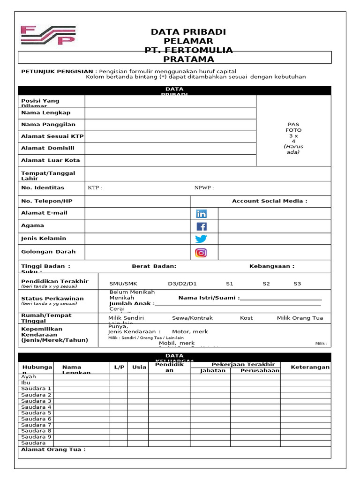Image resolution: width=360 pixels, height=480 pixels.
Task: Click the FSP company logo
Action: [x=48, y=36]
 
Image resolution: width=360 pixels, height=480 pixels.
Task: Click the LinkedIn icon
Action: [x=201, y=214]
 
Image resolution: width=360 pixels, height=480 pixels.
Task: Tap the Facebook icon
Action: [x=201, y=226]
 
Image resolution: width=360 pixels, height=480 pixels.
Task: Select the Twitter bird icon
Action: [x=201, y=239]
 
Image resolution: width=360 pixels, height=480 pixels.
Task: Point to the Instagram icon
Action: [x=201, y=253]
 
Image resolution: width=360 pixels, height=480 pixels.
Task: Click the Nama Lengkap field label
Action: [x=46, y=112]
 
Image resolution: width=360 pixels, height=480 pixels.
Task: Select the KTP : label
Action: [x=95, y=188]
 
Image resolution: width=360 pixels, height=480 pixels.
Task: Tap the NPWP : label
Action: [x=204, y=188]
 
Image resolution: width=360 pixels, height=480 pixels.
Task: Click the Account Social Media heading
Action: [x=270, y=201]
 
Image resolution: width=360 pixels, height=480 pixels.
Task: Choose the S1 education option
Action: [x=230, y=284]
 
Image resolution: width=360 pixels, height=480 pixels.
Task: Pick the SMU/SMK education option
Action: [x=123, y=284]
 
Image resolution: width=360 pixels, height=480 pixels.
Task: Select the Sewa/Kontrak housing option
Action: [x=192, y=318]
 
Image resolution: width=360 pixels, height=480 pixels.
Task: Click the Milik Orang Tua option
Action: [x=300, y=318]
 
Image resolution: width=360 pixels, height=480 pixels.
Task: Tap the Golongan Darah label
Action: [x=48, y=252]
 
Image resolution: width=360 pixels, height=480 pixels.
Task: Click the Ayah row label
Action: [x=29, y=376]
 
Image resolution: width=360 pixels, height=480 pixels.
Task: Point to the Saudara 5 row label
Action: [x=37, y=413]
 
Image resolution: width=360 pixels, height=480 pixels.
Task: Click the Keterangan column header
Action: [x=310, y=367]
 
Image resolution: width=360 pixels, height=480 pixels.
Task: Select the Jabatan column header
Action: [x=213, y=370]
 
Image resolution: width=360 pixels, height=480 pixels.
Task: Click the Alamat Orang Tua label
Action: [x=53, y=450]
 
